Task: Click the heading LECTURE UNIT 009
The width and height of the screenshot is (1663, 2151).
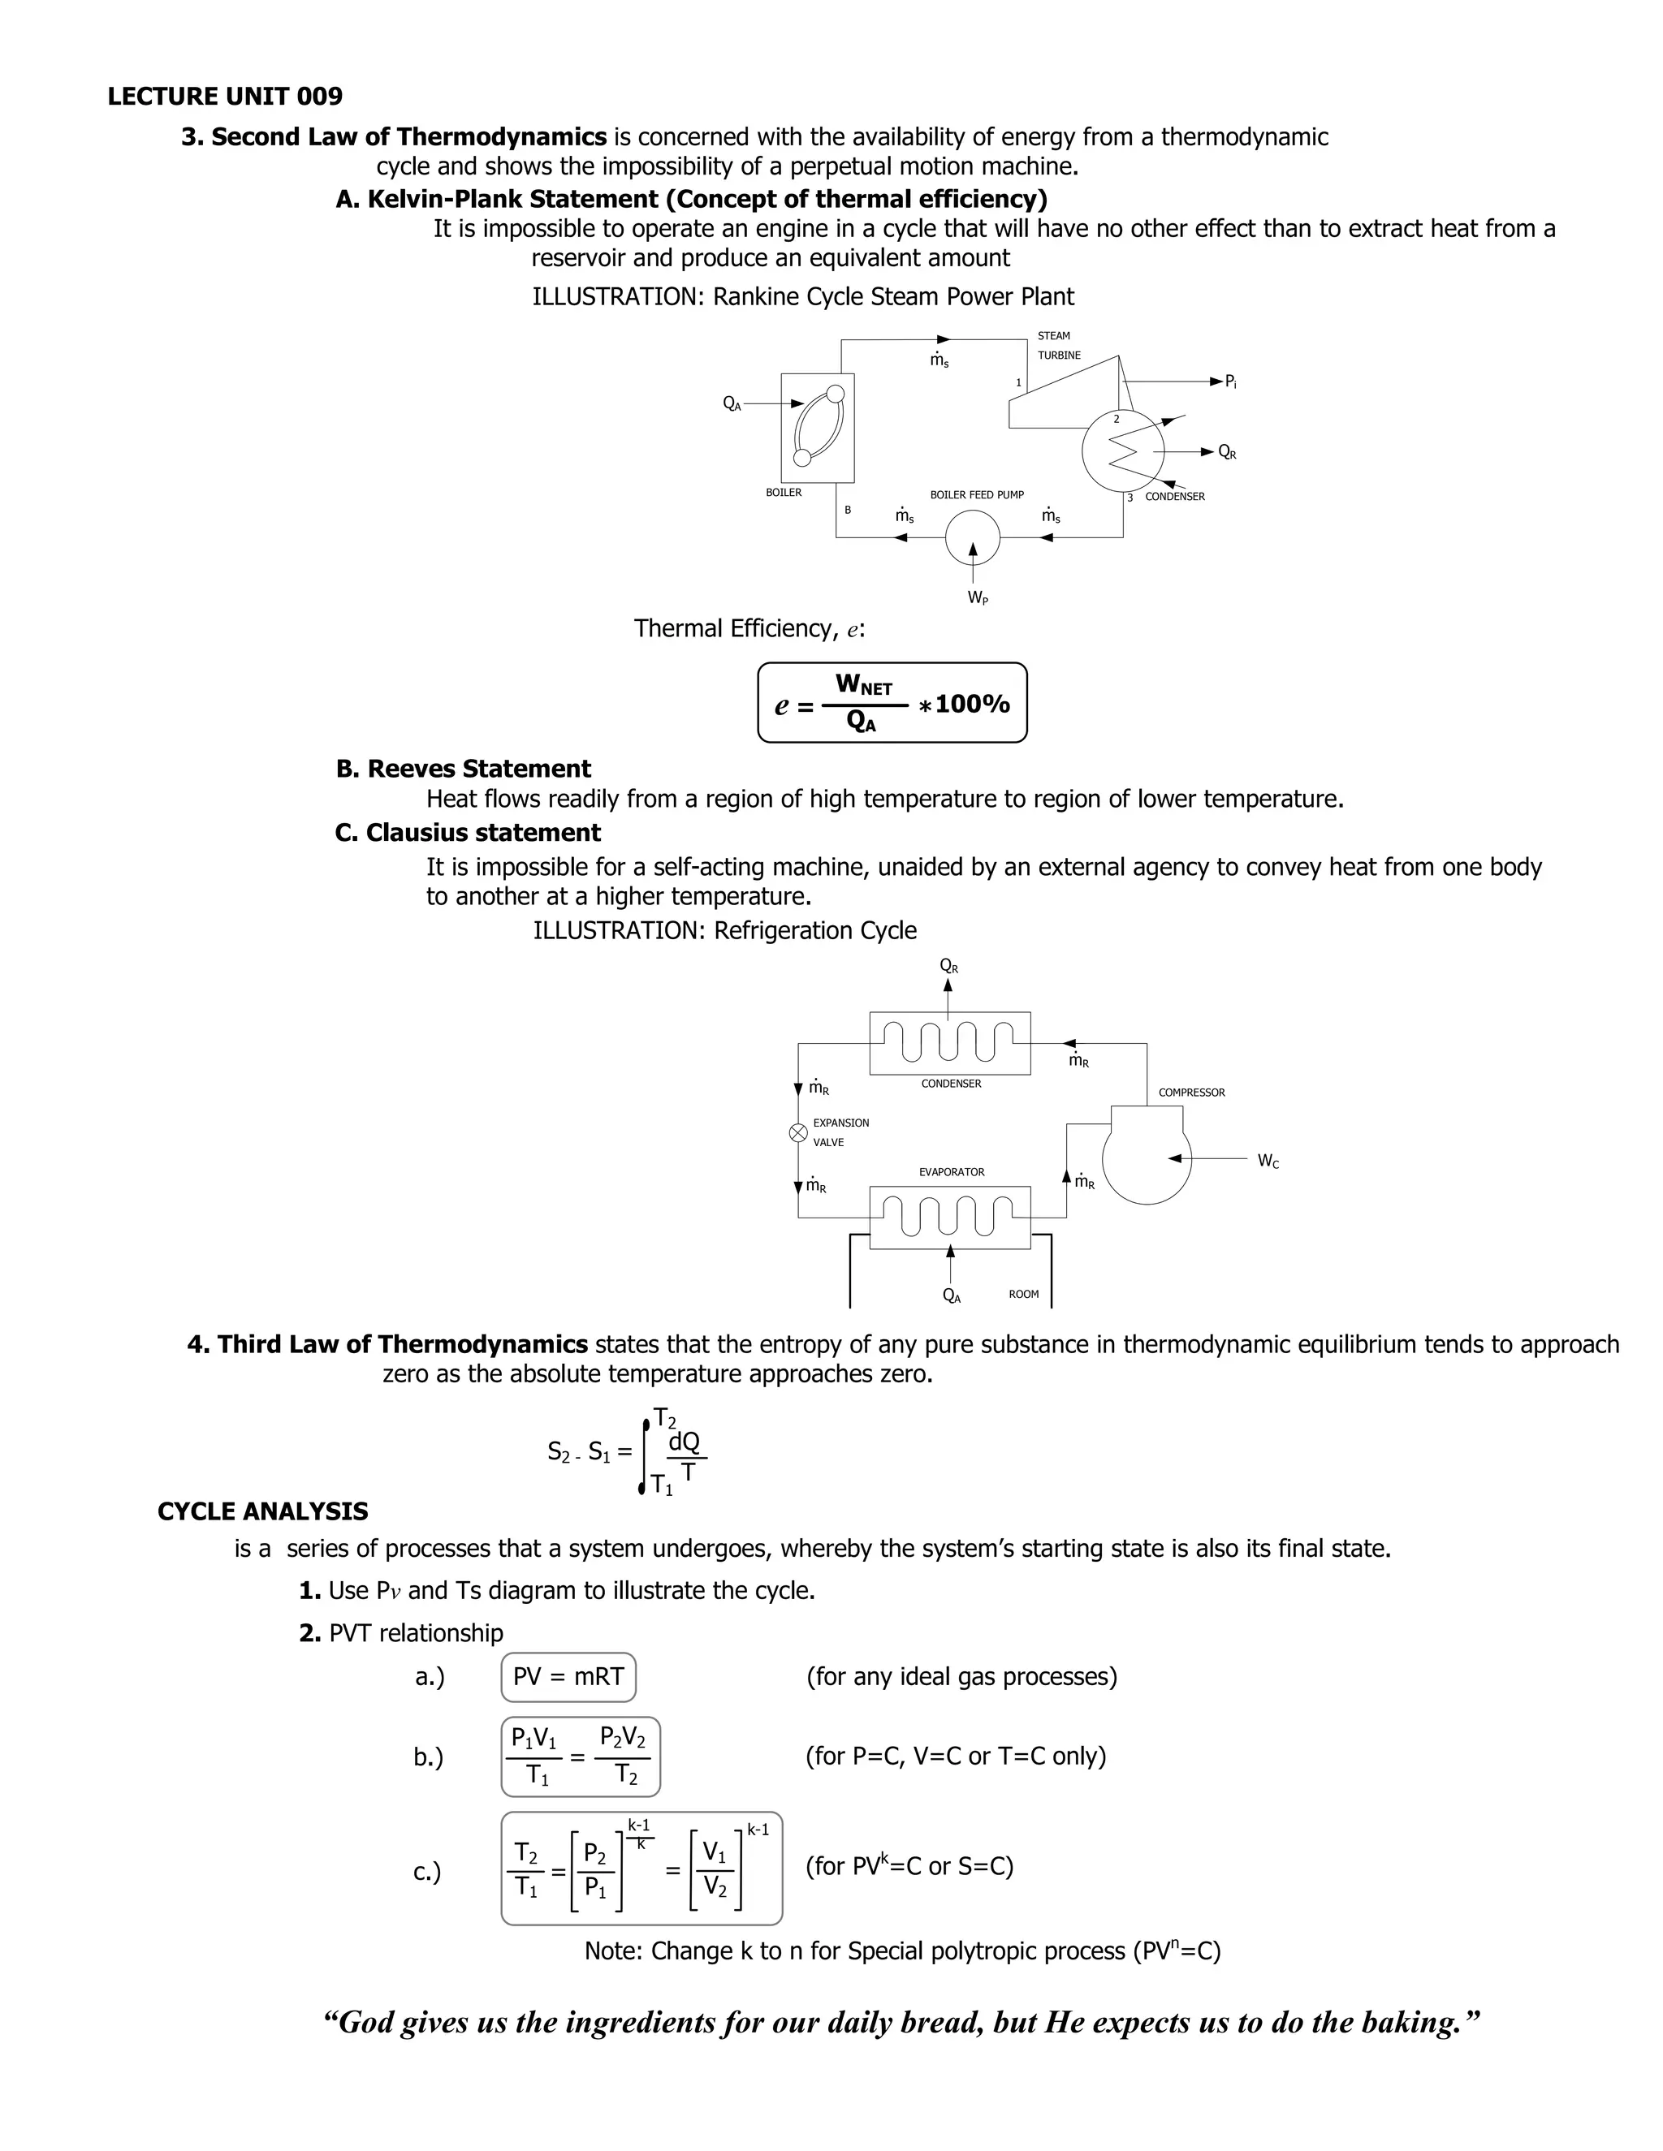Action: [x=225, y=97]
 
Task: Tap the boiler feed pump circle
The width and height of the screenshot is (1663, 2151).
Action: [x=972, y=537]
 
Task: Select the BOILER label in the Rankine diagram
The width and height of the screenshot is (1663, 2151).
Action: [x=784, y=493]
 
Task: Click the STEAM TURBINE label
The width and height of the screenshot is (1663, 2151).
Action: [x=1058, y=346]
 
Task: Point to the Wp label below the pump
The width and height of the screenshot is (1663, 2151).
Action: [x=978, y=598]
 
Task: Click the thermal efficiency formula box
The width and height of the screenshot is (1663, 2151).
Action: [x=892, y=703]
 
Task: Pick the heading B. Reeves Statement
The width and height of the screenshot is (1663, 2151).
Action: [x=463, y=769]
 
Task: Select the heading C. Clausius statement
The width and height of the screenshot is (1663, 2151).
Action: [x=467, y=834]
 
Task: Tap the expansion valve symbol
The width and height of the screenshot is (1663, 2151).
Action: [x=799, y=1132]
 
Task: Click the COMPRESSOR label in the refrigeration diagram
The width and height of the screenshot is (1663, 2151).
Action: [x=1191, y=1093]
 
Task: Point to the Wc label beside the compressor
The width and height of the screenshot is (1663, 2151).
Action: [x=1268, y=1162]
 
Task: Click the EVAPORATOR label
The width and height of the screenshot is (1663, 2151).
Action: [x=951, y=1172]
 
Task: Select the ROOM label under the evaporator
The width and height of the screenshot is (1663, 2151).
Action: [x=1024, y=1294]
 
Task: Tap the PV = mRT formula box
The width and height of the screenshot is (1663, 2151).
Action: [x=568, y=1677]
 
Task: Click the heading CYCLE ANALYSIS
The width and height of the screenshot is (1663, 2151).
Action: [x=262, y=1512]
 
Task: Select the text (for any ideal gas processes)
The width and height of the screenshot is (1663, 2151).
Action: [x=961, y=1677]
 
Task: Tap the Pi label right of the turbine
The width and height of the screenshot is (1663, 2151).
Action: [x=1230, y=382]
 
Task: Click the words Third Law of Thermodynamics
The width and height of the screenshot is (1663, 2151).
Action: [x=402, y=1344]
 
